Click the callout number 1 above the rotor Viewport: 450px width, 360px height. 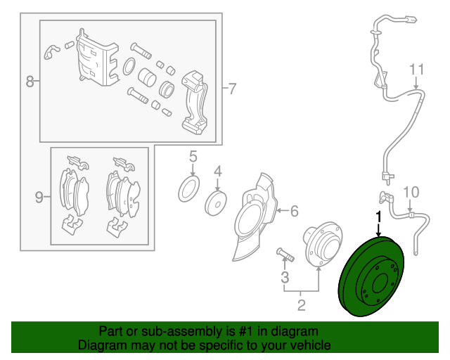click(x=379, y=217)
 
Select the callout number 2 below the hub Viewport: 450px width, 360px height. click(x=301, y=305)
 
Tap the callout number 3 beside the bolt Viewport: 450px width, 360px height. click(x=285, y=277)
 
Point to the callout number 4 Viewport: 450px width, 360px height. click(x=218, y=172)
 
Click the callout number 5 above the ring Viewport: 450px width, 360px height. click(x=193, y=157)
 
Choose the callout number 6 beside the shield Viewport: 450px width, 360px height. click(x=295, y=211)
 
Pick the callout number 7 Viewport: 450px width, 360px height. click(x=232, y=89)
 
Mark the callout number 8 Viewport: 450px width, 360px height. click(x=30, y=82)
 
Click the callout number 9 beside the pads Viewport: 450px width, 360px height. click(x=39, y=197)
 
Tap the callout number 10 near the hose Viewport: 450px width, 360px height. click(x=411, y=192)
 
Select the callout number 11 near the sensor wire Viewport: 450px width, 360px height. click(x=416, y=70)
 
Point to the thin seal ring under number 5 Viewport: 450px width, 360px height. click(x=189, y=189)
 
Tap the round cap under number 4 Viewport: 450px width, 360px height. click(x=216, y=203)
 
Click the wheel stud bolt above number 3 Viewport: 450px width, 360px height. click(x=285, y=255)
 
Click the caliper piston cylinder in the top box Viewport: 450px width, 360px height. click(x=147, y=77)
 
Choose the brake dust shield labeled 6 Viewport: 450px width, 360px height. click(x=255, y=217)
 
